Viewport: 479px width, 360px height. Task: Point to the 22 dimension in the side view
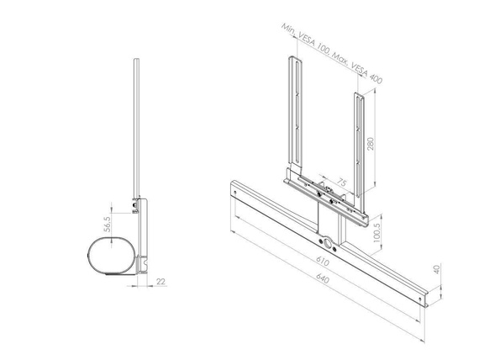point(161,283)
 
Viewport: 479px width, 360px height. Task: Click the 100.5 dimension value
point(376,230)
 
